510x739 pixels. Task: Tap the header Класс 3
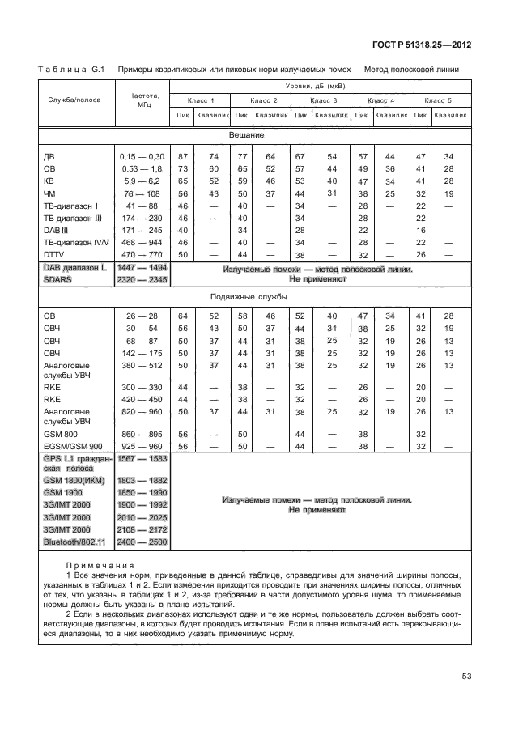322,100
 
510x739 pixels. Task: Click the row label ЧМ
49,194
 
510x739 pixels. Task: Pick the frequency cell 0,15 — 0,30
142,155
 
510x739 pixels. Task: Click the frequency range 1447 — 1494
142,267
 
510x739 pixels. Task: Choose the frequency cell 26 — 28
142,315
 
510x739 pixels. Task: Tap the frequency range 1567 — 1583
142,459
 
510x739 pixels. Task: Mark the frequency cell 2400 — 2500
142,541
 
